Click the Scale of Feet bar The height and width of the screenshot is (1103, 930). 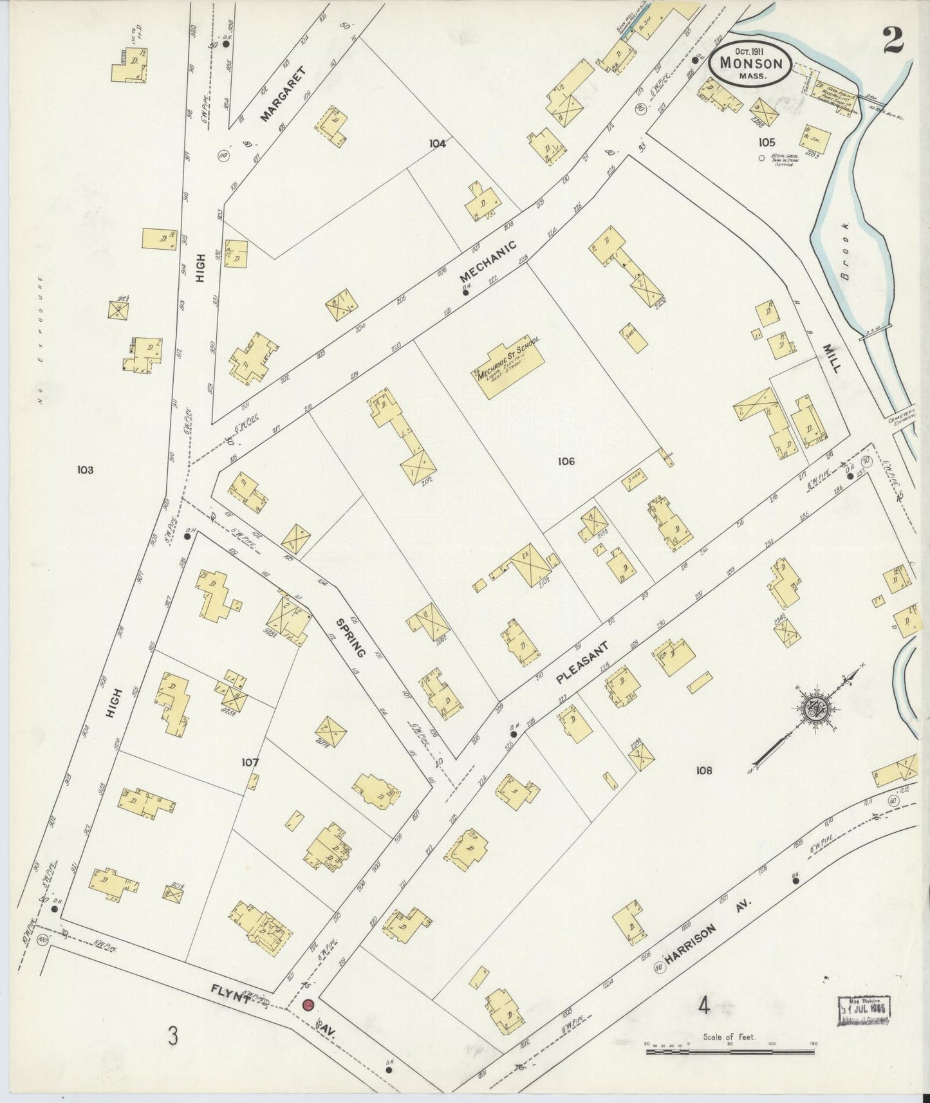pos(730,1052)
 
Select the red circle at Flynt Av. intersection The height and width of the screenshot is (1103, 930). pos(308,1005)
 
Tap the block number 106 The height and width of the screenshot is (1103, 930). pos(566,461)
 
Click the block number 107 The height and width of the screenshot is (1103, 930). pos(250,763)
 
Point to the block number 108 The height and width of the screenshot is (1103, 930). pos(703,770)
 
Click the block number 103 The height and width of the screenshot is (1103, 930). pos(84,470)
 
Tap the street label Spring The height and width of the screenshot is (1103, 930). pos(350,637)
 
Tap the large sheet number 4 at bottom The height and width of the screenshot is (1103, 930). pos(704,1006)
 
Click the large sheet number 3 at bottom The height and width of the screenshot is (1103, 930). pos(172,1036)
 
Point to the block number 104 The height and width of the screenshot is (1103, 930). pos(438,144)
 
